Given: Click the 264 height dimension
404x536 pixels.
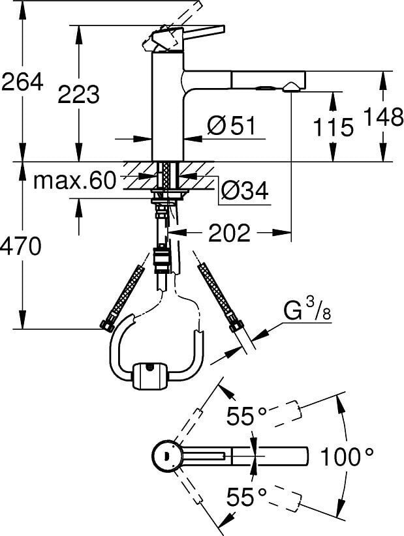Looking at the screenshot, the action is point(23,82).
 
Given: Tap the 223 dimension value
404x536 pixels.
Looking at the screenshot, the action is point(79,94).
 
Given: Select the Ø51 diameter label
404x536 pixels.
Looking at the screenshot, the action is point(231,125).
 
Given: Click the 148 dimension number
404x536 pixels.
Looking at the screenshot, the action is point(384,117).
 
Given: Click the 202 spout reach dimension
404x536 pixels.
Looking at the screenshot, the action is point(230,233).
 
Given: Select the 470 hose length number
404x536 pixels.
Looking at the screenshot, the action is point(20,246).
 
